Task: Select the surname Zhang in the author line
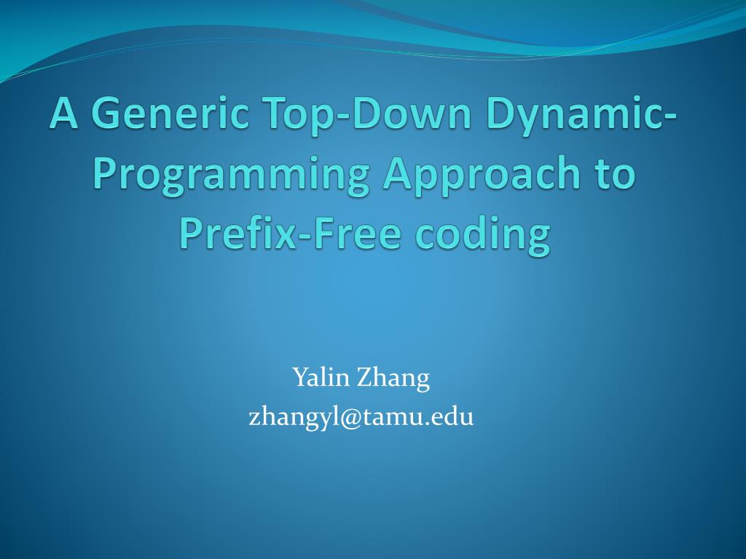pyautogui.click(x=393, y=379)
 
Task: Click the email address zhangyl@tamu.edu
pyautogui.click(x=361, y=417)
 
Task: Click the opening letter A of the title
pyautogui.click(x=64, y=115)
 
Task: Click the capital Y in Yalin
pyautogui.click(x=299, y=378)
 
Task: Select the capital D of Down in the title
pyautogui.click(x=342, y=115)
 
